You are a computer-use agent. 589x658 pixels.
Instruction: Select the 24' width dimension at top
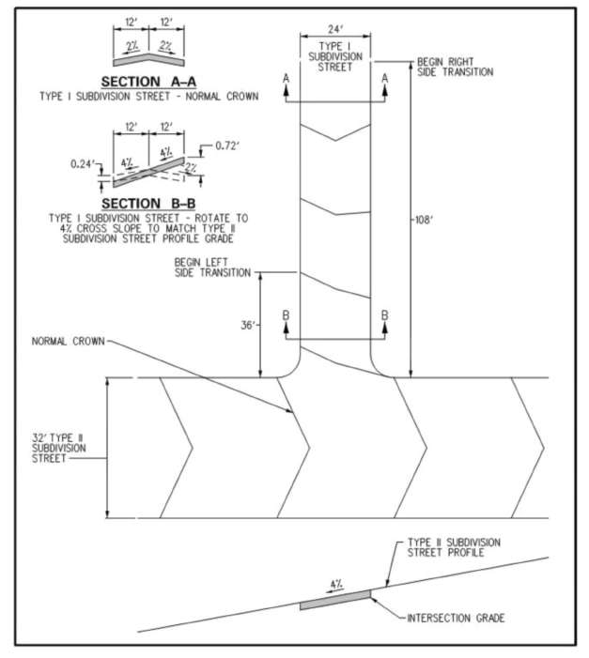[334, 30]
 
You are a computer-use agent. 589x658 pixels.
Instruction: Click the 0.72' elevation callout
[225, 145]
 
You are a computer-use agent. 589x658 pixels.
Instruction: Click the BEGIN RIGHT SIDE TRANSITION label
[455, 67]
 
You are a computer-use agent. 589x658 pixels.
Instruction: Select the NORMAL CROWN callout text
[74, 341]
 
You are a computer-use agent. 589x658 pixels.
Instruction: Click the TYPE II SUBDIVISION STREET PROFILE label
[454, 548]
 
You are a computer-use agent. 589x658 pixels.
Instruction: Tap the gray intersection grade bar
[334, 599]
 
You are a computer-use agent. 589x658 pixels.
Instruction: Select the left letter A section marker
[286, 81]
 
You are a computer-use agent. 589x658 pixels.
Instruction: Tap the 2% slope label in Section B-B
[192, 165]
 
